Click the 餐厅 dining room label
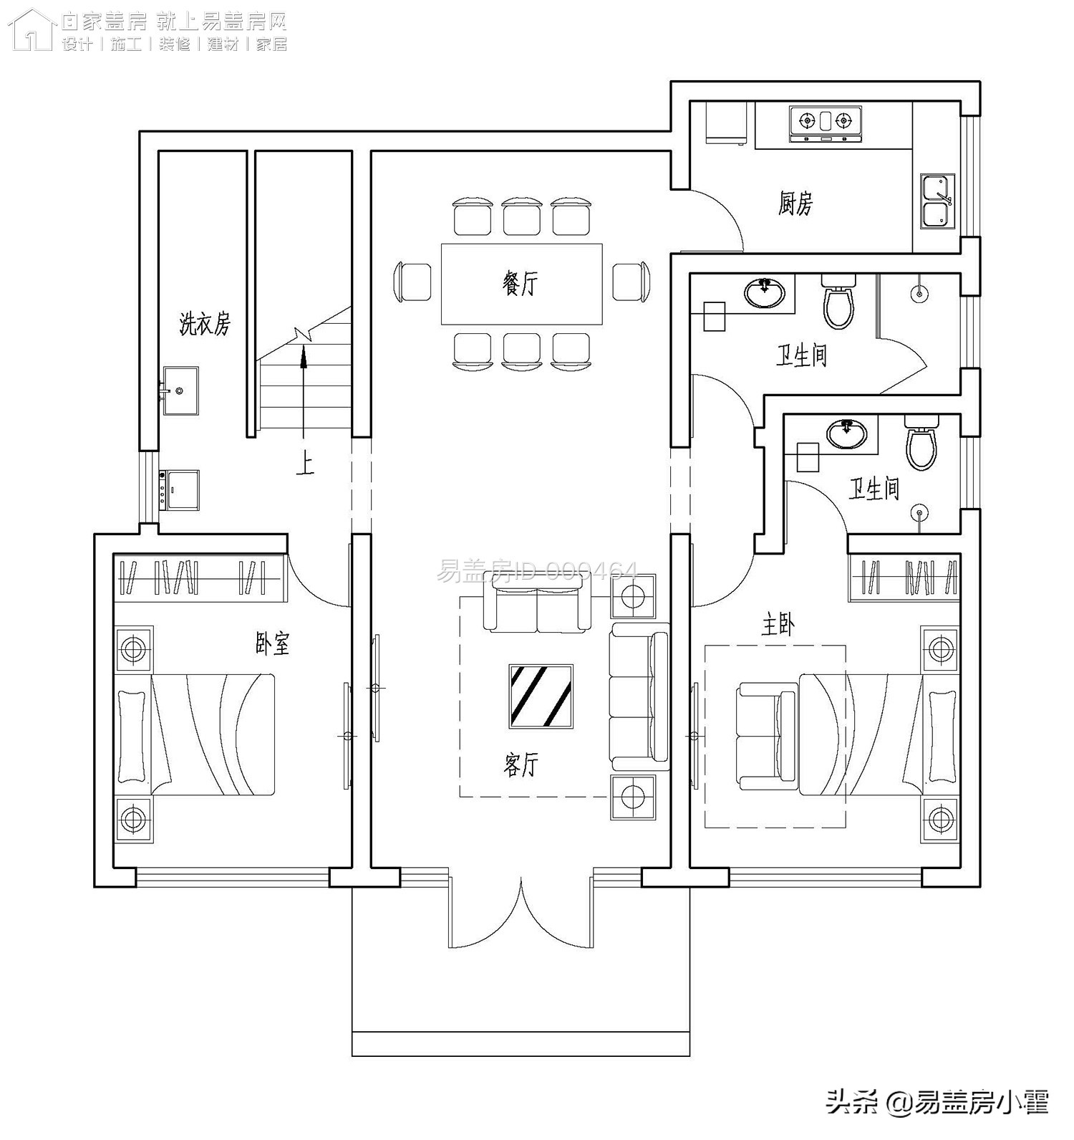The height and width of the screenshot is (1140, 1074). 520,284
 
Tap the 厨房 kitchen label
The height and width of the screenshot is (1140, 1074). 795,203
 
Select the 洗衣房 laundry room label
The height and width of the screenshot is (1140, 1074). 205,324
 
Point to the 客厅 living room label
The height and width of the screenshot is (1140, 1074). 521,765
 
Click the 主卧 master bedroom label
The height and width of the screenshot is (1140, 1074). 778,626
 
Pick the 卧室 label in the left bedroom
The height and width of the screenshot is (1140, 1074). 273,643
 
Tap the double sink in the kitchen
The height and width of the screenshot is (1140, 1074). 937,201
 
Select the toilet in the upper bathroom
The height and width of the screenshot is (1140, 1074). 838,304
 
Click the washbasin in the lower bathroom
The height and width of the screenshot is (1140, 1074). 847,433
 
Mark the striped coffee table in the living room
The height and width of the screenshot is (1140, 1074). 541,696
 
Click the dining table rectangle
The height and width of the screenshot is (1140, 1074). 521,284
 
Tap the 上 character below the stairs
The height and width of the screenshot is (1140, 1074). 305,465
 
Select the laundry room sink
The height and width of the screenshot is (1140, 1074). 180,391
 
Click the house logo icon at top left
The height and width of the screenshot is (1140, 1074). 32,30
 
